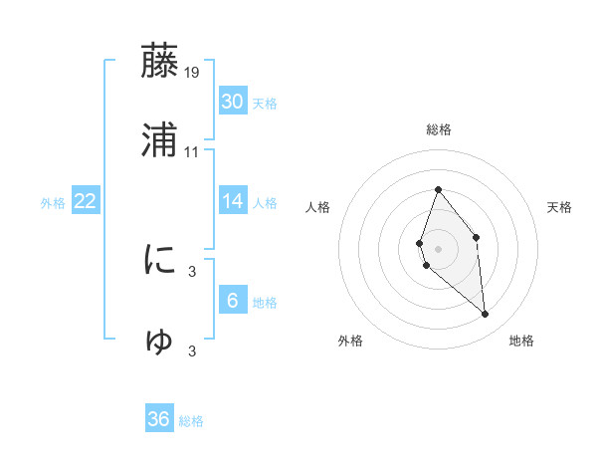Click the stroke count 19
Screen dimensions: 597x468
point(192,72)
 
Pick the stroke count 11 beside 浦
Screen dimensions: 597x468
point(192,152)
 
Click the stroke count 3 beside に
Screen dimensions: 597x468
point(192,271)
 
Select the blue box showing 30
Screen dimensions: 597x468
point(233,102)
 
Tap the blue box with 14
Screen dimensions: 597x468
point(233,201)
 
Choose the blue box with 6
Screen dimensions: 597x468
point(233,301)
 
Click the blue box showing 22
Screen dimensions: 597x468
point(86,201)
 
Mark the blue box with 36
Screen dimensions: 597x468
point(159,419)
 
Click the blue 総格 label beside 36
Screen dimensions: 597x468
point(191,421)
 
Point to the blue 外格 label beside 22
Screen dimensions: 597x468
point(53,202)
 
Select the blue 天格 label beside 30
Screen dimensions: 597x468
point(265,103)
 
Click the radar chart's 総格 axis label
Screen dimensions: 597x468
point(438,129)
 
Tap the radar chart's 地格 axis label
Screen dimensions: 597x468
point(521,341)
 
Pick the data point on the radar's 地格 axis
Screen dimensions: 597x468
point(486,315)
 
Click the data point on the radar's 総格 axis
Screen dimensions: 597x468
point(438,189)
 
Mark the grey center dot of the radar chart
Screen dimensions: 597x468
point(438,248)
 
